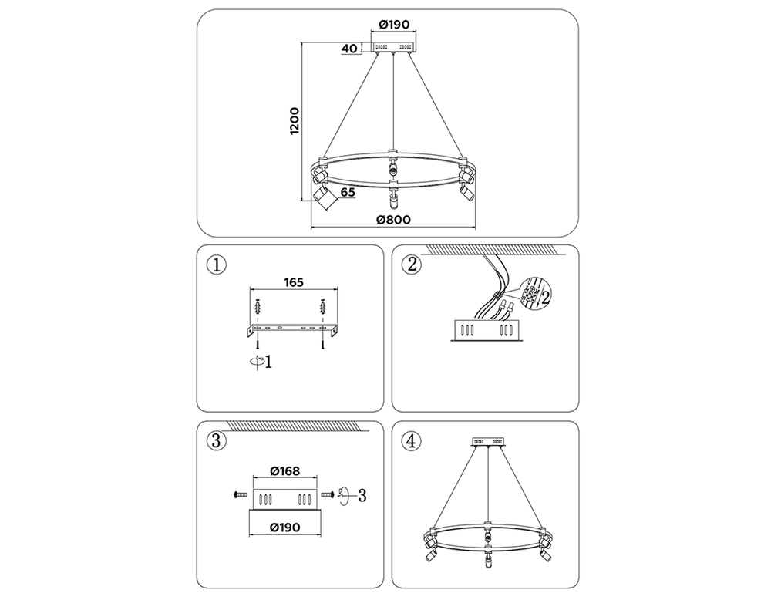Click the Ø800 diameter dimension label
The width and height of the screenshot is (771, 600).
click(393, 219)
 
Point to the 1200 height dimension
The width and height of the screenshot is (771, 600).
click(295, 121)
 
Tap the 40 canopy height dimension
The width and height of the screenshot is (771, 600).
click(349, 48)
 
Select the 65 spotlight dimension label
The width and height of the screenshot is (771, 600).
click(348, 192)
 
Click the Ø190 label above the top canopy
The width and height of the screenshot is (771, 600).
click(394, 24)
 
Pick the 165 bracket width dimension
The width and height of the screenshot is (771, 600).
click(294, 282)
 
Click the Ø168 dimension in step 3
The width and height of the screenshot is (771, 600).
click(285, 470)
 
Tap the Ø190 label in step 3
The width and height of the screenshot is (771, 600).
click(285, 528)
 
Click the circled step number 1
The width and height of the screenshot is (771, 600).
click(217, 265)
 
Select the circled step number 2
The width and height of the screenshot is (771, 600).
click(412, 265)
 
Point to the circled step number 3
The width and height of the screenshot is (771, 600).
click(217, 440)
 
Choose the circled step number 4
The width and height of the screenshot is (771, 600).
click(412, 440)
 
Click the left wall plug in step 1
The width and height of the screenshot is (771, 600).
click(258, 308)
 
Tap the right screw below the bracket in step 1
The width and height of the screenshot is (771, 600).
click(322, 339)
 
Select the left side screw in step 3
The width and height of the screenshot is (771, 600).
click(240, 494)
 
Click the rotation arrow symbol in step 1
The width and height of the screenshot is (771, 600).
click(256, 362)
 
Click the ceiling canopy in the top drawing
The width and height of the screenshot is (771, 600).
click(394, 47)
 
